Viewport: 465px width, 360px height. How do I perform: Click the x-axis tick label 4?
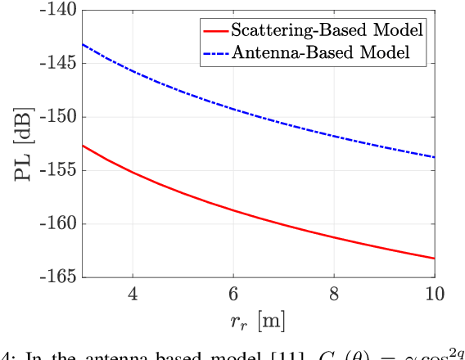(x=133, y=294)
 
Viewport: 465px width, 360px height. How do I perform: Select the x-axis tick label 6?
(x=233, y=294)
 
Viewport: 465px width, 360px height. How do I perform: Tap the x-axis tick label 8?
(x=334, y=294)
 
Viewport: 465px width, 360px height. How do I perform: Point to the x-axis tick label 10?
(x=434, y=294)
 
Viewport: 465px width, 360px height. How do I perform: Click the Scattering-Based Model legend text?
(x=327, y=31)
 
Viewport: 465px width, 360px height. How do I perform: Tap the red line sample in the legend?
(x=215, y=31)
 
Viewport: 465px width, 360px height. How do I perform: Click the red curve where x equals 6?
(x=233, y=210)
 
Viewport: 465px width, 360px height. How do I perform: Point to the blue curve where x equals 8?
(x=334, y=136)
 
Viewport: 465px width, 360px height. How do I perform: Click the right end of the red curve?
(x=434, y=259)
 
